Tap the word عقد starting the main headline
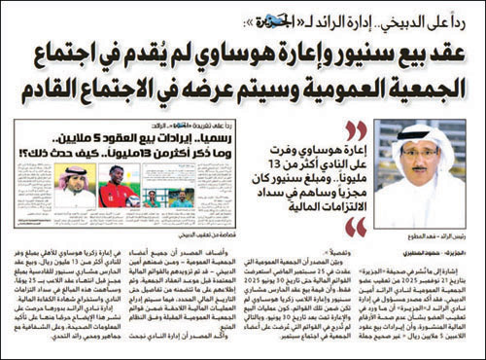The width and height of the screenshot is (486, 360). [x=448, y=52]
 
